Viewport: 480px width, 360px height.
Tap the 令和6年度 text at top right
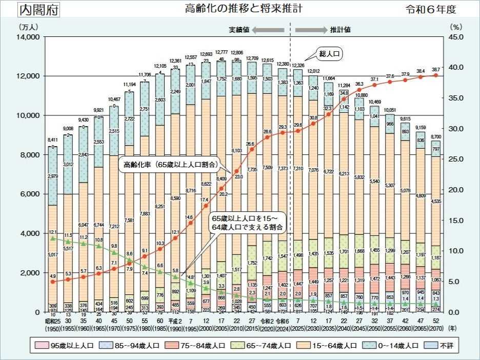tap(430, 10)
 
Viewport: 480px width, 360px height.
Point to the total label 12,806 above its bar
tap(237, 53)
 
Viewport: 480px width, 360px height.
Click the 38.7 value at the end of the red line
tap(436, 69)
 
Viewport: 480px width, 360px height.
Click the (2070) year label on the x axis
tap(436, 327)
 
